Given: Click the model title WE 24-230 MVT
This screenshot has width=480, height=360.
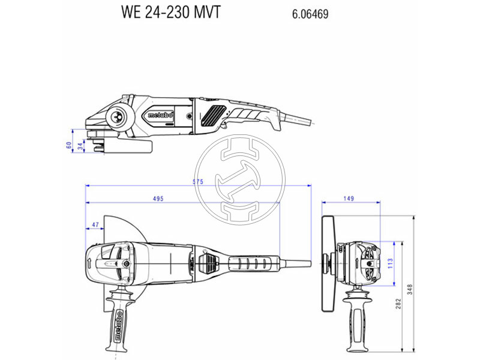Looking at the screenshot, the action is pos(171,13).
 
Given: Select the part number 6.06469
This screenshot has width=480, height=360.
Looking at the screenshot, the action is pos(310,14).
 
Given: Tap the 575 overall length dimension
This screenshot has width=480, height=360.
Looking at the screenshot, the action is pos(198,182).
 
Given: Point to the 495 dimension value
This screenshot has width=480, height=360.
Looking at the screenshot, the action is pos(158,199).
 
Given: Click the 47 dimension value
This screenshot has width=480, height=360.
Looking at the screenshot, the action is pos(95,224).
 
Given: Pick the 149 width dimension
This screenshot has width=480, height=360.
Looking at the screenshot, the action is pos(349,199).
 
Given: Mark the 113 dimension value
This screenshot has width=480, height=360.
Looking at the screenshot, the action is pos(391,263).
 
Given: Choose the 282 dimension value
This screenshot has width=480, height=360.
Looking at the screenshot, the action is pos(398,304).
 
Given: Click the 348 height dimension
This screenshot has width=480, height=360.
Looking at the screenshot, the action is pos(410,290).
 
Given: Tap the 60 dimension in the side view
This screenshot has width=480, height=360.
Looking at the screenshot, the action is pos(69,145).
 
